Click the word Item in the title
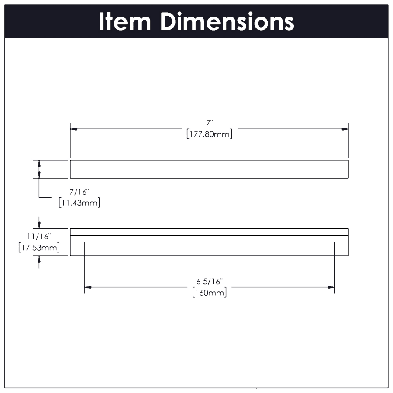pos(125,21)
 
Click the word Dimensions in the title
pos(227,21)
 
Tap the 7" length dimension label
pos(210,124)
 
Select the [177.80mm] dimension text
pos(210,134)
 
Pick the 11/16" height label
pos(39,236)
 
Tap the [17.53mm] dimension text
pos(39,248)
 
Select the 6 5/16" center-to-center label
pos(210,281)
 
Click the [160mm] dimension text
pos(210,292)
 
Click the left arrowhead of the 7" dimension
pos(74,129)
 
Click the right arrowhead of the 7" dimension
pos(345,129)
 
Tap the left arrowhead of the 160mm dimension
pos(88,287)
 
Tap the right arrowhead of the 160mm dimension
pos(331,287)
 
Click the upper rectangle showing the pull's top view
pos(209,169)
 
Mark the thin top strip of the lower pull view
pos(209,232)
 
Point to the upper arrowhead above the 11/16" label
pos(39,225)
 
